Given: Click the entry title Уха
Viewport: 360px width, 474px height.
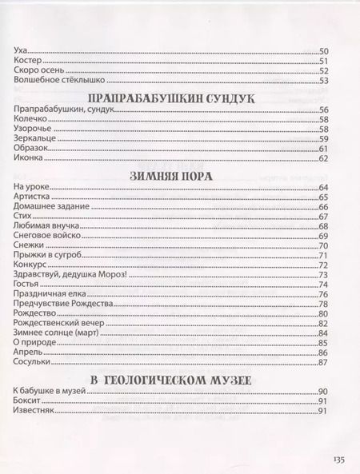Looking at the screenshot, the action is [x=22, y=51].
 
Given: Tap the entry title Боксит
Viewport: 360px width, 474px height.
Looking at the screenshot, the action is [x=28, y=400].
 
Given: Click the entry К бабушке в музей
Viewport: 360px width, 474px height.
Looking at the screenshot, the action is [x=50, y=391].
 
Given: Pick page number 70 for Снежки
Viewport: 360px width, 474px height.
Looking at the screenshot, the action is [x=325, y=245].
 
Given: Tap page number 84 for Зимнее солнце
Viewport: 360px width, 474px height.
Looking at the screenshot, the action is [x=325, y=333].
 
